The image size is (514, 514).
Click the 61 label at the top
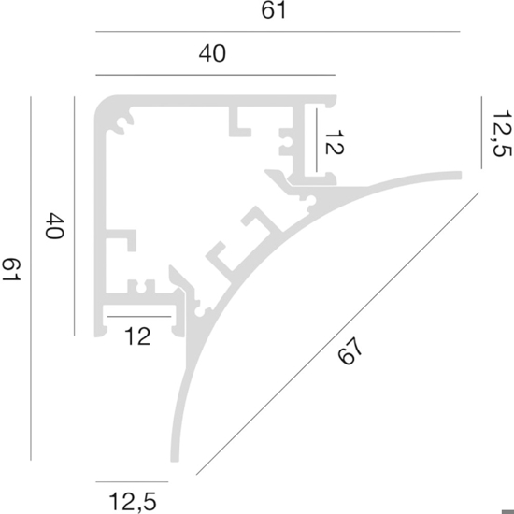click(x=274, y=10)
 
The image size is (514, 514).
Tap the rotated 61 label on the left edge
click(x=12, y=269)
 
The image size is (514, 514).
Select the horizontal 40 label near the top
click(x=212, y=53)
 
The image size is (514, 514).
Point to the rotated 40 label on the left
click(x=54, y=226)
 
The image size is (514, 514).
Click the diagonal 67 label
click(x=350, y=350)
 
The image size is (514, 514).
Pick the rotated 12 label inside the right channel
click(x=334, y=142)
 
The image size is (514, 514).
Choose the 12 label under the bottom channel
click(x=137, y=336)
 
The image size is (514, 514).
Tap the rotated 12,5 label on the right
click(x=502, y=134)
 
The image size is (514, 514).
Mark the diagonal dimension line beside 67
click(x=337, y=334)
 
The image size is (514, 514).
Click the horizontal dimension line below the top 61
click(x=278, y=32)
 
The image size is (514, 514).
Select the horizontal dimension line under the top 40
click(x=215, y=75)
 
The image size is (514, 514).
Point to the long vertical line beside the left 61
click(x=31, y=278)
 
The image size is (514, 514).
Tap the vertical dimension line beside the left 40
click(x=75, y=216)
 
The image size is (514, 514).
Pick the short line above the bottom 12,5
click(x=132, y=482)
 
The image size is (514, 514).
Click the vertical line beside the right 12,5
click(x=481, y=133)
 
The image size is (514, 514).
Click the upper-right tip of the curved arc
click(x=461, y=176)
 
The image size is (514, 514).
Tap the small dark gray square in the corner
click(x=507, y=510)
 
